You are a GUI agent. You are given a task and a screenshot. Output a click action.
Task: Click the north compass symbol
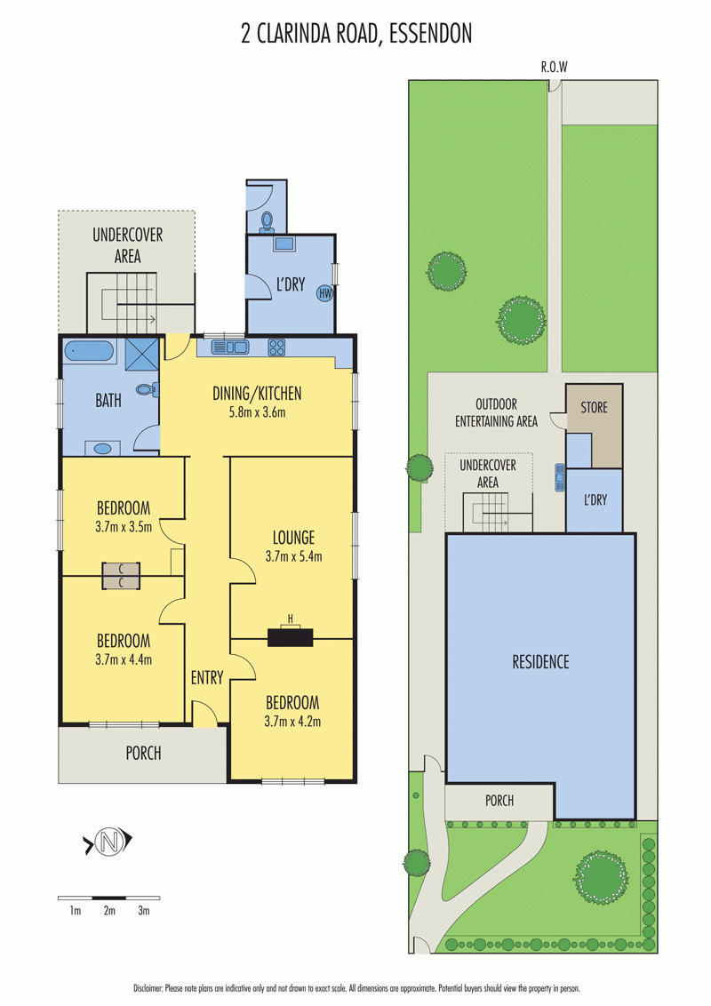pos(109,841)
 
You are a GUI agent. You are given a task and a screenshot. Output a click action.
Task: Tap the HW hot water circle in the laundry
pos(325,294)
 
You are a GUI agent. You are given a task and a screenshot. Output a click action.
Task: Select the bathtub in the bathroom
pos(89,352)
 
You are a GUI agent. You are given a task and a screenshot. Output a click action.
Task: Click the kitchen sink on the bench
pos(229,347)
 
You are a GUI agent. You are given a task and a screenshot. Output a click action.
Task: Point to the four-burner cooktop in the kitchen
pos(276,347)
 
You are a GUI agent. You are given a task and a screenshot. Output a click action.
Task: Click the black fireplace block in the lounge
pos(290,637)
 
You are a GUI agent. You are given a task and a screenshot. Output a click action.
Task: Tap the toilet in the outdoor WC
pos(267,222)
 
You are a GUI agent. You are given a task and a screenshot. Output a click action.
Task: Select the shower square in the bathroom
pos(142,353)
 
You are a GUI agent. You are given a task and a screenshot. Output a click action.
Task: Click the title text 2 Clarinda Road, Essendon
pos(356,34)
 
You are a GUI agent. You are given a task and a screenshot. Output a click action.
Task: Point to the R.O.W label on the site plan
pos(554,67)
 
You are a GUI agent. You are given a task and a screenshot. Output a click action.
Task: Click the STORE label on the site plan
pos(594,407)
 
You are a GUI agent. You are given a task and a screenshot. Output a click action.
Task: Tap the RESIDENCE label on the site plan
pos(540,661)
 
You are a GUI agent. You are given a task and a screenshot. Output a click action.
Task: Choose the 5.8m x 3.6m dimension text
pos(258,411)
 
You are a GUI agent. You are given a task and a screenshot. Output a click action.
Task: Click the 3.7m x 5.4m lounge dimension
pos(294,556)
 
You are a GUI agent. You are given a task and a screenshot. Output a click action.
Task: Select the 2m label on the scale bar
pos(109,910)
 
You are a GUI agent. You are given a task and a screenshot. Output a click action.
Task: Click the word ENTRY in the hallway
pos(206,677)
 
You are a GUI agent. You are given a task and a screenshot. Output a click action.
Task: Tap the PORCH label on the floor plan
pos(143,754)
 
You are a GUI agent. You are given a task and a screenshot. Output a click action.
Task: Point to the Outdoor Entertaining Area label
pos(496,412)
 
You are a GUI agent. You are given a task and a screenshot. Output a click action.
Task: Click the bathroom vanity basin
pos(103,449)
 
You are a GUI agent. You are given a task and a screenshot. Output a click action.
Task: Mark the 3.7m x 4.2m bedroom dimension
pos(292,721)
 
